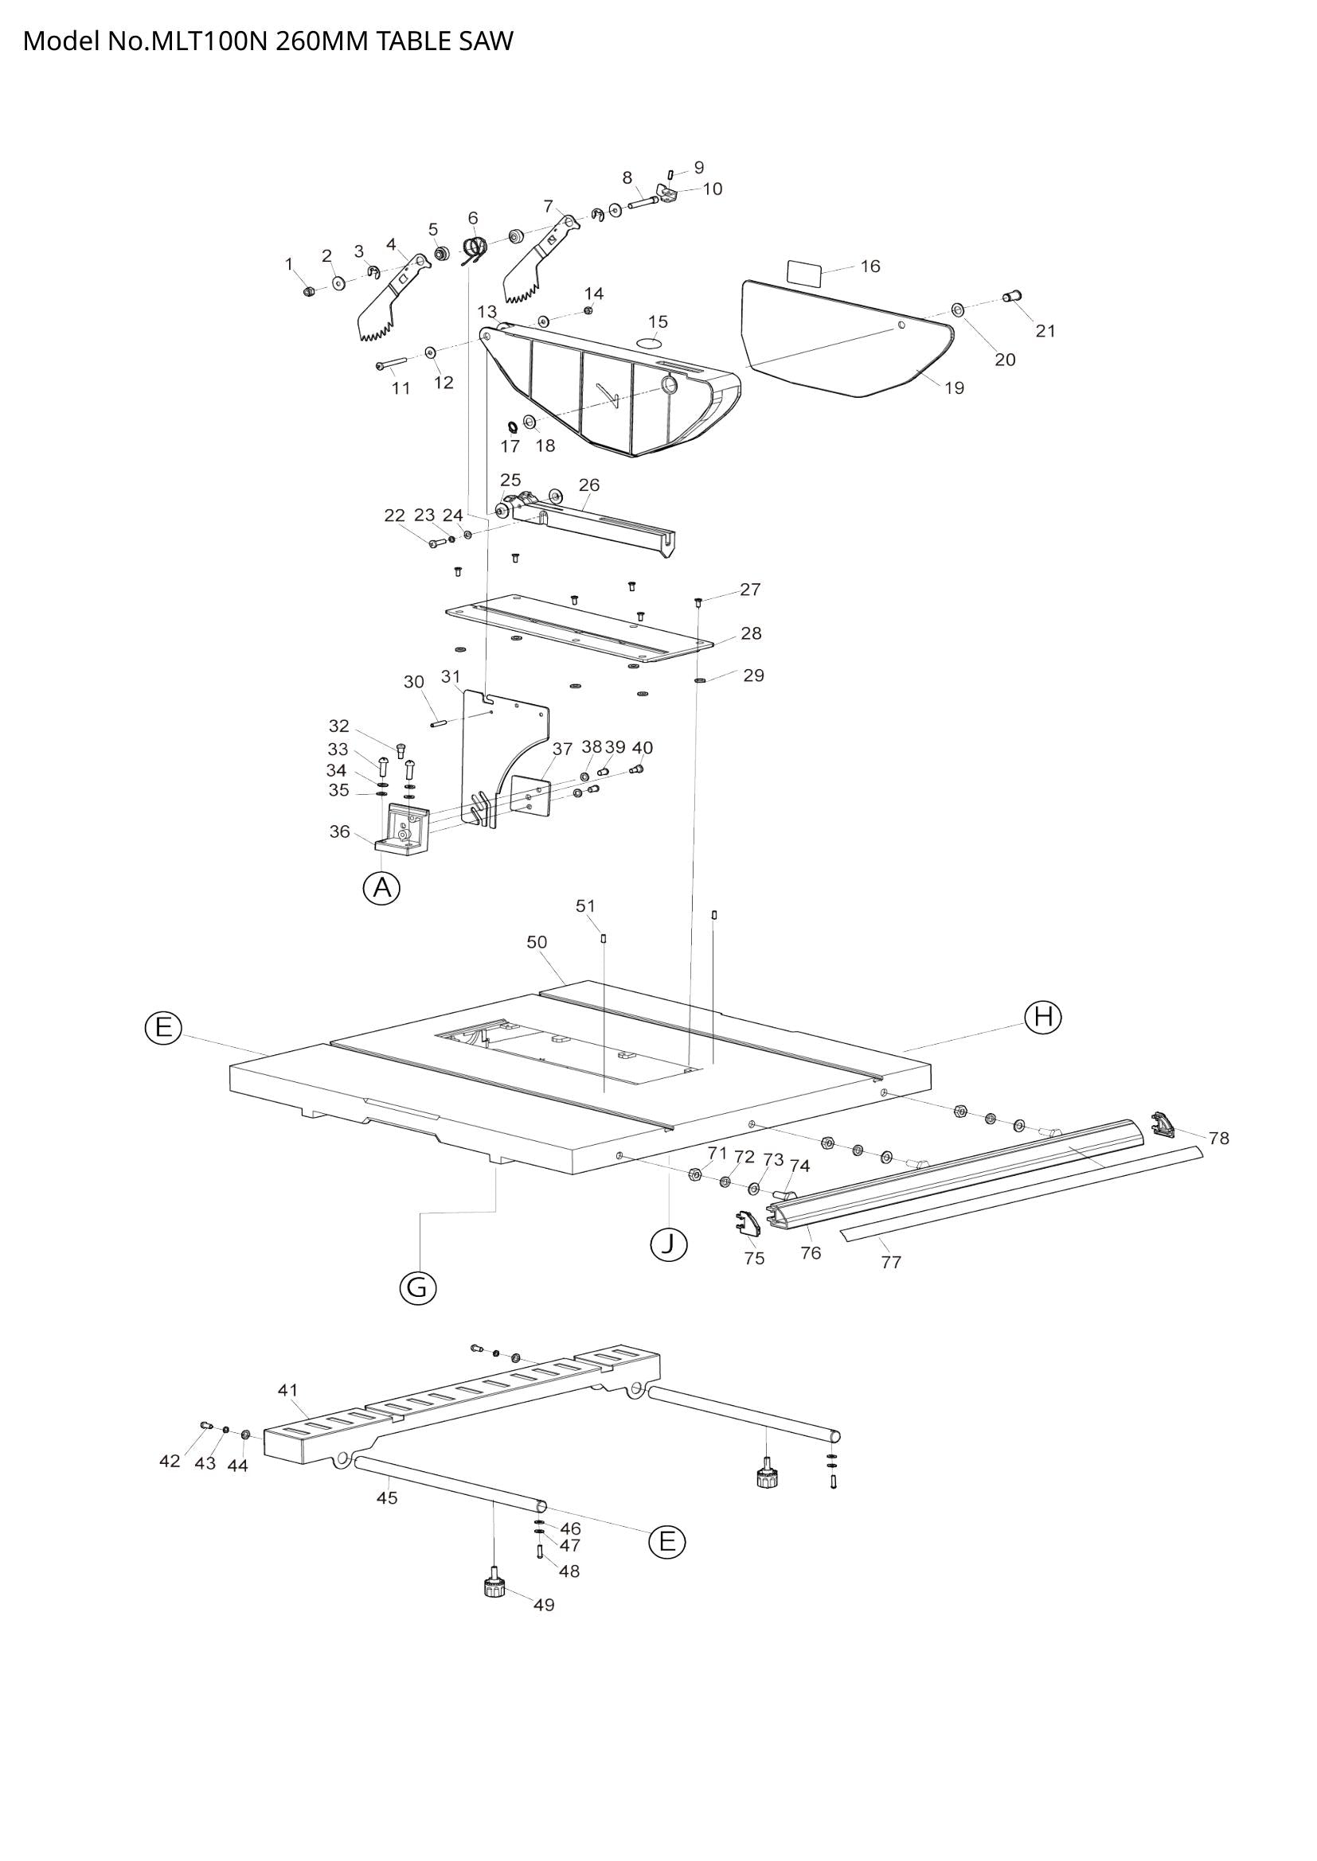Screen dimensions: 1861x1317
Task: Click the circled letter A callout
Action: pyautogui.click(x=381, y=889)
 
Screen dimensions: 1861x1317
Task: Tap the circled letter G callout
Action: pyautogui.click(x=418, y=1287)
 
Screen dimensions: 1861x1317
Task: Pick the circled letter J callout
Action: pyautogui.click(x=669, y=1244)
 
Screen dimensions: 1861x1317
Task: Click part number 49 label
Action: pyautogui.click(x=544, y=1605)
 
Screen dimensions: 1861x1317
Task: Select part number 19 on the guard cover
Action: pyautogui.click(x=955, y=387)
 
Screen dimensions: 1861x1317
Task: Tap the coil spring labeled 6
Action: pyautogui.click(x=475, y=248)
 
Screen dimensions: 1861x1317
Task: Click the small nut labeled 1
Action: pyautogui.click(x=308, y=292)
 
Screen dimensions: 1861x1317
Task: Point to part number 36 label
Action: pyautogui.click(x=339, y=831)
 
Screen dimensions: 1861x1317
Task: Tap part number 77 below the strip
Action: pyautogui.click(x=890, y=1261)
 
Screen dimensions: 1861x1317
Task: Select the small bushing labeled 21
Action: pyautogui.click(x=1014, y=296)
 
